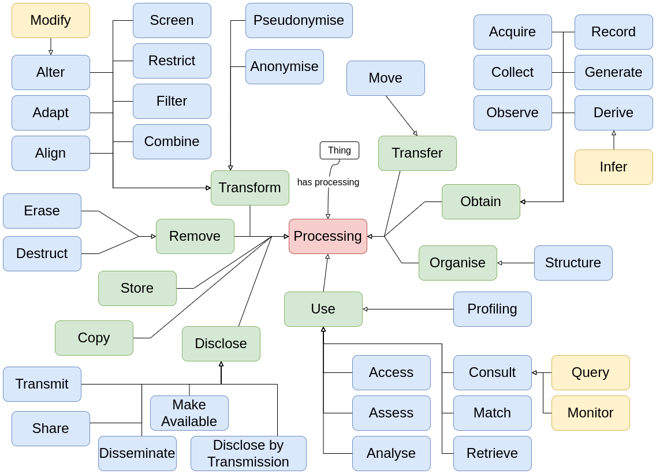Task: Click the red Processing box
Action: click(327, 236)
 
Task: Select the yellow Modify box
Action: click(51, 20)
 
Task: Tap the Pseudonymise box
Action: click(299, 20)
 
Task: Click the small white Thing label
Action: click(340, 150)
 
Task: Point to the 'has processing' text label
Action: click(328, 182)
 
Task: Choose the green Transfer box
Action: click(417, 153)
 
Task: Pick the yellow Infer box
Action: click(613, 167)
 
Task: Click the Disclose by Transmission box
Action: click(248, 453)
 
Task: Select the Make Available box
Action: click(189, 413)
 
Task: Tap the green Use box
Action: click(323, 309)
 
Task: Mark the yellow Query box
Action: click(590, 372)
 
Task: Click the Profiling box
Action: click(492, 309)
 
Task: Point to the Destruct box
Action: click(42, 253)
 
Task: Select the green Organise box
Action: click(457, 263)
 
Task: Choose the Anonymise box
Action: click(284, 66)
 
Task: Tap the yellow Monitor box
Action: click(590, 413)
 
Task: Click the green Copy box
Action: click(94, 338)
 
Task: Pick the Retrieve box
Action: click(492, 453)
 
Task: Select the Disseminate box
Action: click(137, 453)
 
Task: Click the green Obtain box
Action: click(480, 201)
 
